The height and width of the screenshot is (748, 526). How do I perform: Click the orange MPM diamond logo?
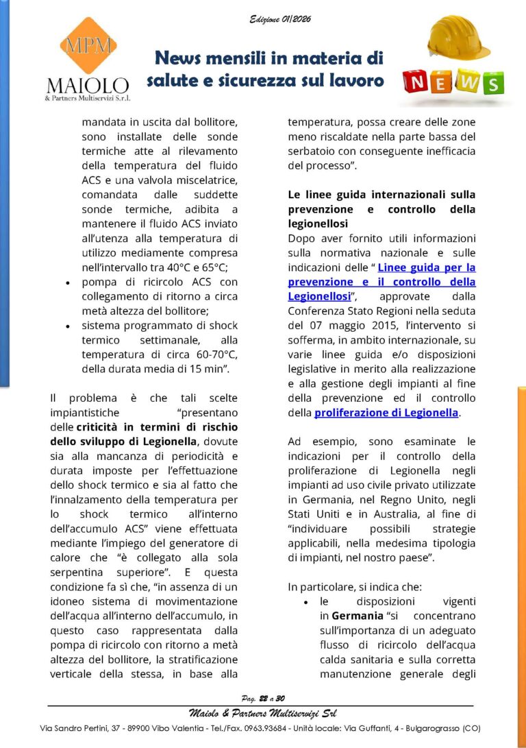87,45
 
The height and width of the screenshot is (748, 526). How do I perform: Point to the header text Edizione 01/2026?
280,19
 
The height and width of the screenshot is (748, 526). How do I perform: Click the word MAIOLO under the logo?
87,86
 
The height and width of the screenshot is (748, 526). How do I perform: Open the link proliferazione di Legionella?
386,413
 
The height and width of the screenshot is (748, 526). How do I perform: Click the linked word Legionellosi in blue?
318,296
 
